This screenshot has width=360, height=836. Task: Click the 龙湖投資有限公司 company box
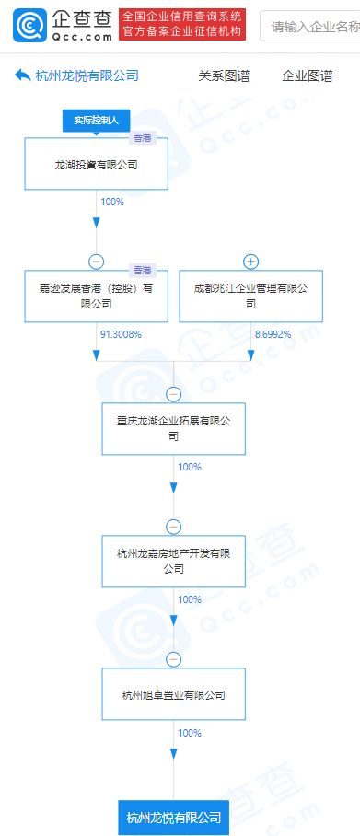96,166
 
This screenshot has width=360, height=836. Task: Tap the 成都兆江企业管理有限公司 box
250,296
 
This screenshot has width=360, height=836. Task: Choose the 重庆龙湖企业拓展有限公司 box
173,428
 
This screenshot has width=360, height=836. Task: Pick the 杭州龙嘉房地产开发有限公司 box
173,561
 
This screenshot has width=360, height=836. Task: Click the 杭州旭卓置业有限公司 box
173,694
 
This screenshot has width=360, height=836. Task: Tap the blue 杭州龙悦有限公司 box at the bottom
173,816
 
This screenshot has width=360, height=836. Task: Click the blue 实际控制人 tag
97,121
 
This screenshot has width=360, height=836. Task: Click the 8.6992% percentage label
273,334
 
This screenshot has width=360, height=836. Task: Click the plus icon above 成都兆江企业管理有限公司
250,261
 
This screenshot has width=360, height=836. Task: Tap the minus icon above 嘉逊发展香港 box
96,261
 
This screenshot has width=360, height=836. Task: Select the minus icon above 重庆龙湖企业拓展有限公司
173,393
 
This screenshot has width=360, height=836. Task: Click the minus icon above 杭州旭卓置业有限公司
173,659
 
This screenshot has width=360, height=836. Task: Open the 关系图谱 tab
224,76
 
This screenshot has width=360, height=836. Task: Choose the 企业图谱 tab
307,76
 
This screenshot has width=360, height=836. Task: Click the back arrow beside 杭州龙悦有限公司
23,76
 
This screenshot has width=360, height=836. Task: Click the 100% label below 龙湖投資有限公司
111,202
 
